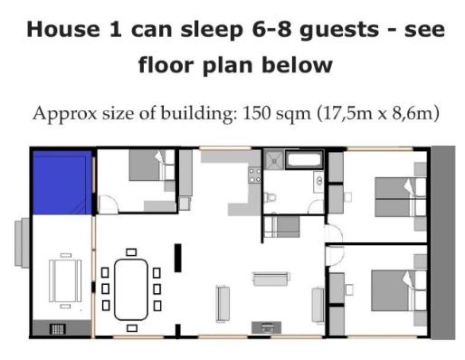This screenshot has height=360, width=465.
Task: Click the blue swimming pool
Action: (x=62, y=183)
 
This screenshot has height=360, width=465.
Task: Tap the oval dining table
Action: (x=131, y=289)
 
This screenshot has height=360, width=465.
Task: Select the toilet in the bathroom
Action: (x=270, y=197)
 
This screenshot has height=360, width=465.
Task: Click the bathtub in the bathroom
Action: (x=304, y=160)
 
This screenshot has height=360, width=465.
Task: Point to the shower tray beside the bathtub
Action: (x=274, y=160)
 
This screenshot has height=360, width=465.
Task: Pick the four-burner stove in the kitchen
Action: (x=254, y=175)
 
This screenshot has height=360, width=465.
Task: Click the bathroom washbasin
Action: (x=318, y=181)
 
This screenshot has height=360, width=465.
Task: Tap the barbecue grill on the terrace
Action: (x=57, y=329)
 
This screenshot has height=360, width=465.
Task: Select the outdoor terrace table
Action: (x=65, y=281)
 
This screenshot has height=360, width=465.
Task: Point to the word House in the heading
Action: (x=63, y=30)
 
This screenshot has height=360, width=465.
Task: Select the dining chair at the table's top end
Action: (x=131, y=252)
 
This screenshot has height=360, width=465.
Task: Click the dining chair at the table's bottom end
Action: (x=132, y=327)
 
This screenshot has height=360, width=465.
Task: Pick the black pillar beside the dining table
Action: (x=178, y=258)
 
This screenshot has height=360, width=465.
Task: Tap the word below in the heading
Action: (x=297, y=65)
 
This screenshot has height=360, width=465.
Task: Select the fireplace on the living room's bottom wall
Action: (x=267, y=327)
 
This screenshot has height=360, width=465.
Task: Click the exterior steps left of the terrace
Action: (x=22, y=242)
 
